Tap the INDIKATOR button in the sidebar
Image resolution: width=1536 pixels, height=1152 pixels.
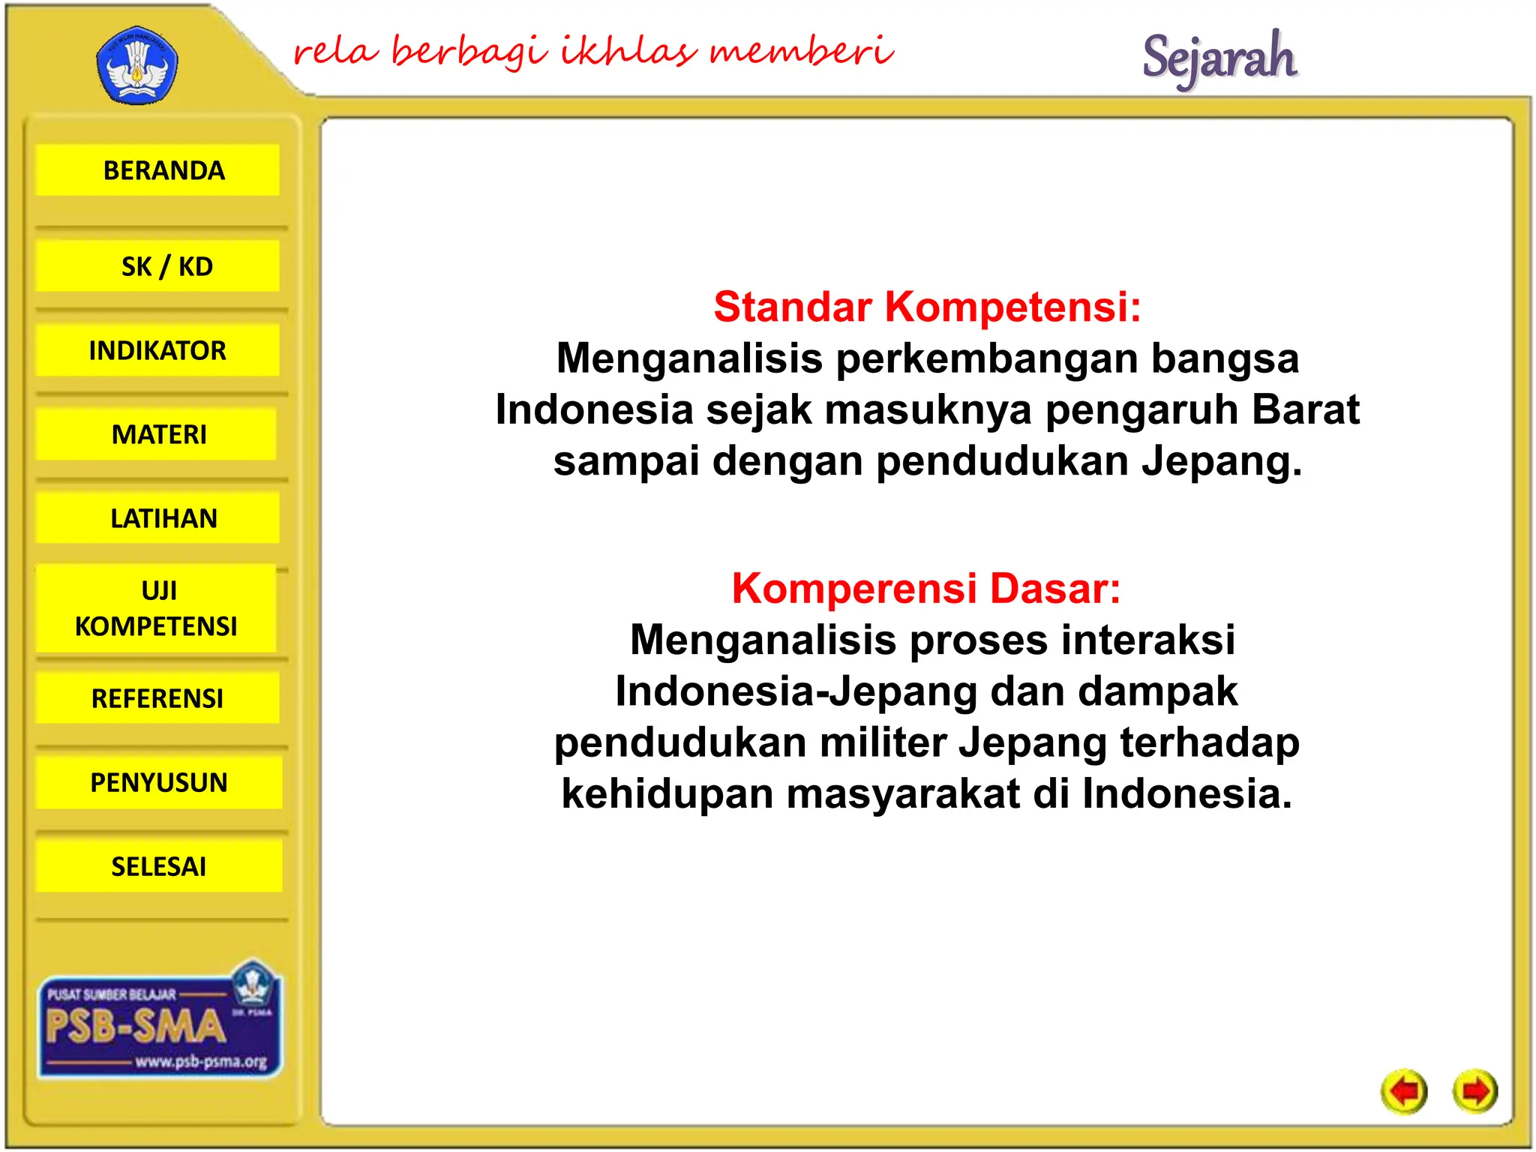(x=158, y=350)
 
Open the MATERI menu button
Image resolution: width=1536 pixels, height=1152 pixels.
(x=158, y=434)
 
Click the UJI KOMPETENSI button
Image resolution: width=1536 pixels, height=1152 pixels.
(x=157, y=608)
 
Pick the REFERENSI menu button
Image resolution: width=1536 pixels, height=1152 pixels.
(x=158, y=698)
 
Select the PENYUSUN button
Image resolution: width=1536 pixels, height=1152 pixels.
(x=158, y=782)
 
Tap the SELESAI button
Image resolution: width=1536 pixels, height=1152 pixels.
(x=158, y=866)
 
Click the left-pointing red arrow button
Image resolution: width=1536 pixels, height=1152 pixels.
(x=1404, y=1091)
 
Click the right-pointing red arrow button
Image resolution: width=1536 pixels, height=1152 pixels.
(x=1474, y=1091)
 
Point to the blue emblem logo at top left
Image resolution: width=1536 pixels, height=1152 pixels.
(x=137, y=66)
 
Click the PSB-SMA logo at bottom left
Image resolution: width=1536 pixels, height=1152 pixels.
(x=160, y=1024)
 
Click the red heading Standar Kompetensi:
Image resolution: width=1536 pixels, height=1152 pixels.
(x=927, y=307)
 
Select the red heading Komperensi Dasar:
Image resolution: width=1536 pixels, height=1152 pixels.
(x=926, y=588)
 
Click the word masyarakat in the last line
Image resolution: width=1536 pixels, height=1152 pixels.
(x=903, y=793)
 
